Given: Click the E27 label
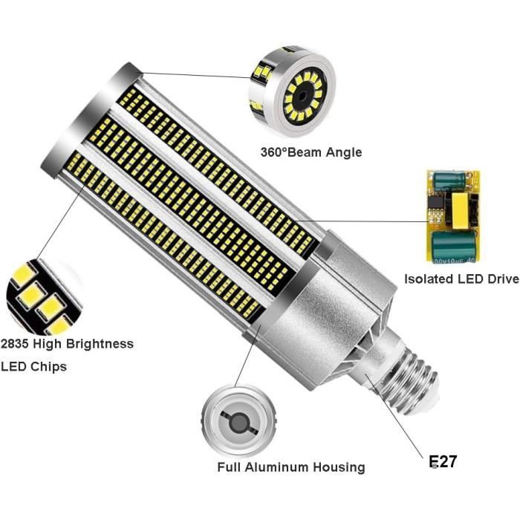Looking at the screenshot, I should [443, 461].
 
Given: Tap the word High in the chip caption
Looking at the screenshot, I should [53, 343].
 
